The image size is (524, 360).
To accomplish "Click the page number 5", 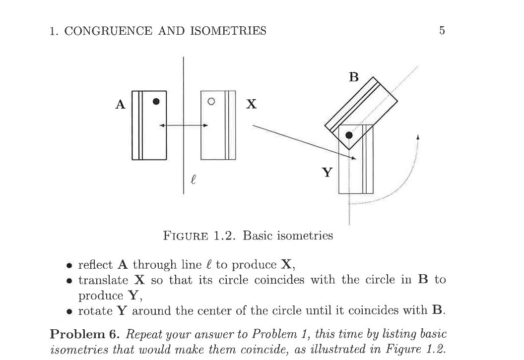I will pos(442,31).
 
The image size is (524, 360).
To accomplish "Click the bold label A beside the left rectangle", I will pos(120,105).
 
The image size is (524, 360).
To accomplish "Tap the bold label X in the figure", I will pos(252,104).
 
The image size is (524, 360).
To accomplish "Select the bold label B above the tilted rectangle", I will pos(353,77).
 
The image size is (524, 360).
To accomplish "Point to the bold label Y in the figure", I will pos(327,173).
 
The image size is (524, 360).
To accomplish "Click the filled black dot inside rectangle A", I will pos(156,101).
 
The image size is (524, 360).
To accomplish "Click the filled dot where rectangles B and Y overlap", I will pos(349,135).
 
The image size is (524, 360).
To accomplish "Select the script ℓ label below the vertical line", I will pos(193,179).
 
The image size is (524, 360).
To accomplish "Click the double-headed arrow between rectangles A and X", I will pos(183,125).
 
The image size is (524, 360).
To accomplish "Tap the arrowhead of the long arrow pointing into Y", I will pos(354,158).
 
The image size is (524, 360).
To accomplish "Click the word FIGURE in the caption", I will pos(186,236).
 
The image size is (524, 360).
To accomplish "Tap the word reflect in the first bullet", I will pos(95,264).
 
